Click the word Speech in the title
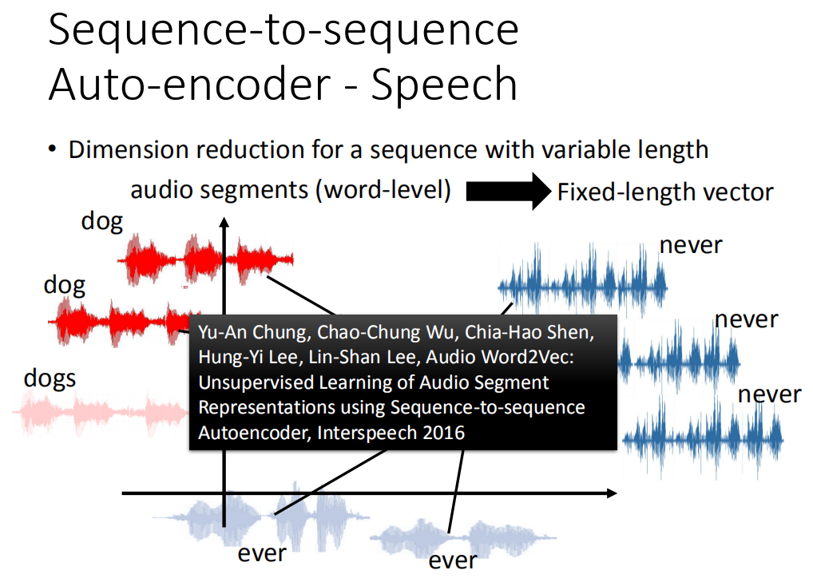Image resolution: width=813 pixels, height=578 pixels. pyautogui.click(x=444, y=85)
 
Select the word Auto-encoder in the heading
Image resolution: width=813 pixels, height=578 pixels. pyautogui.click(x=189, y=83)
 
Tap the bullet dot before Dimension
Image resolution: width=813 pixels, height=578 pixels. pyautogui.click(x=52, y=149)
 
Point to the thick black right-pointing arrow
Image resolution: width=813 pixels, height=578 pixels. pyautogui.click(x=508, y=192)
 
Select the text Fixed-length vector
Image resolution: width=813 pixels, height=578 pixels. pyautogui.click(x=665, y=192)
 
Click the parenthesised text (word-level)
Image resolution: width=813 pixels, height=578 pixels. pyautogui.click(x=383, y=190)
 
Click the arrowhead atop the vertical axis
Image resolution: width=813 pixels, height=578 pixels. pyautogui.click(x=224, y=223)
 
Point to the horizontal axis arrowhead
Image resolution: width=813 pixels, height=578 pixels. pyautogui.click(x=612, y=493)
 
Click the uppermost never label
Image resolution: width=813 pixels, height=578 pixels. pyautogui.click(x=691, y=245)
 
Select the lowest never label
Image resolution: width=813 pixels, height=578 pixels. pyautogui.click(x=769, y=395)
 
